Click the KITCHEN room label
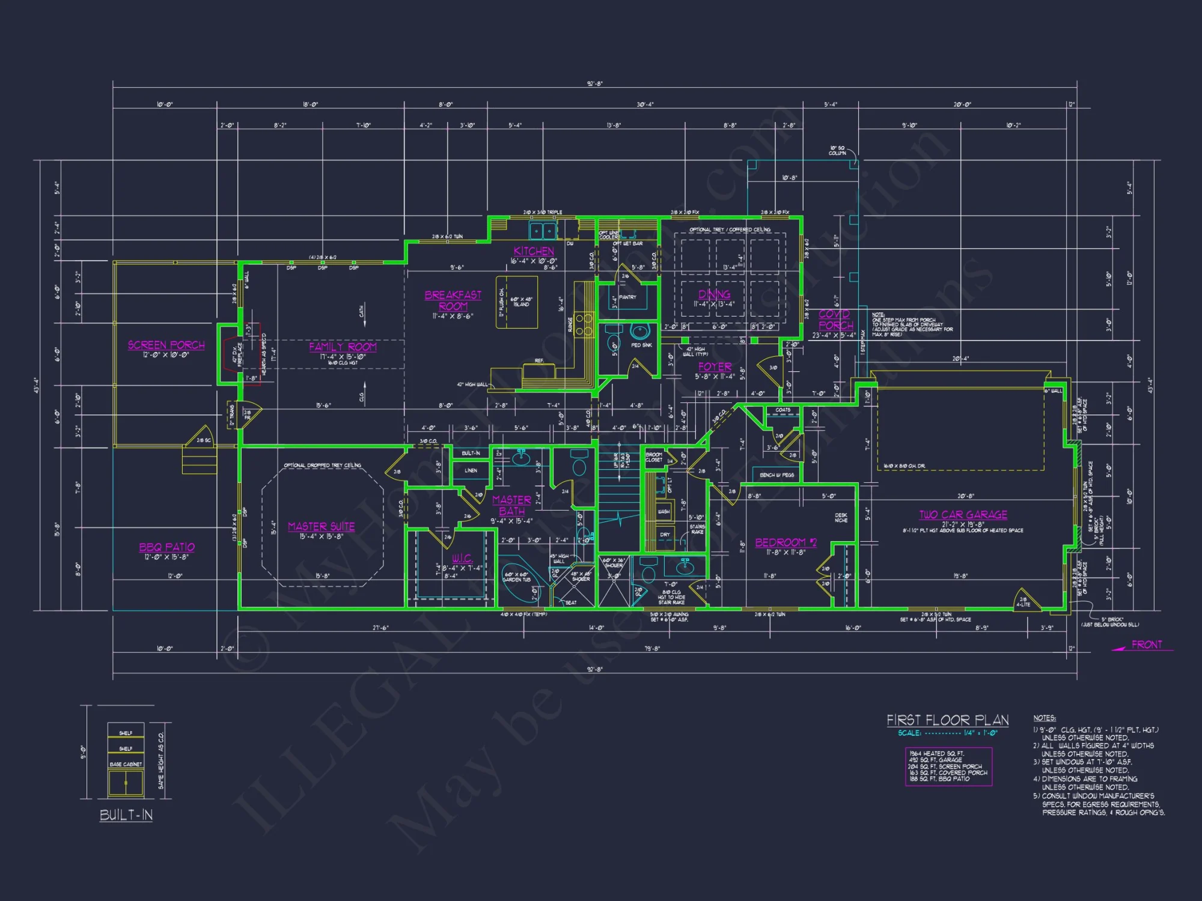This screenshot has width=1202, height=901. coord(534,251)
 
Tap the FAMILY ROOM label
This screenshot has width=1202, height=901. coord(343,347)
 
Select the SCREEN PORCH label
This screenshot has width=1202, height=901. coord(166,345)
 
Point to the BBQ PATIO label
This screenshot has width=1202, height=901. coord(167,547)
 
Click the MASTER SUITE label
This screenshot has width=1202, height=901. coord(321,527)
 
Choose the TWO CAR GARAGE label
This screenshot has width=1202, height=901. coord(963,515)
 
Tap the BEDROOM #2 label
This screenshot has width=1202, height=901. coord(786,542)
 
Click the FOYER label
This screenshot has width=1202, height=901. coord(715,366)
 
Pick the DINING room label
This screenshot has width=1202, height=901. coord(714,294)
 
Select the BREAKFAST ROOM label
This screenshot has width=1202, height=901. coord(453,300)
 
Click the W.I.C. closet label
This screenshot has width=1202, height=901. coord(462,559)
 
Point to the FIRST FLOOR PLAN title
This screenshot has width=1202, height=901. coord(948,720)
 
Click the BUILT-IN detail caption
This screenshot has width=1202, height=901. coord(126,815)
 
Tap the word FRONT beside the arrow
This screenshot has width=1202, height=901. coord(1147,645)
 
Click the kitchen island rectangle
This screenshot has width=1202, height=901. coord(517,302)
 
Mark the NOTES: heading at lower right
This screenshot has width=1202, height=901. coord(1045,718)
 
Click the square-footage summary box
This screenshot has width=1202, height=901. coord(948,766)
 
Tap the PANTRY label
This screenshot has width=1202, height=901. coord(627,297)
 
